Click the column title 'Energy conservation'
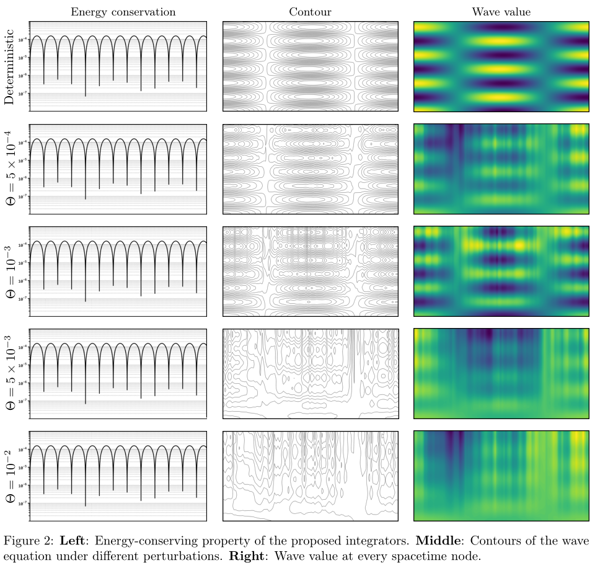pos(123,12)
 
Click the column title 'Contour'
pos(310,12)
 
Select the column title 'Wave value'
pos(501,12)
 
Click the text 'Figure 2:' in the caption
pos(28,541)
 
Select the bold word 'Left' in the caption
pos(74,541)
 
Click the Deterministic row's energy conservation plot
pos(118,66)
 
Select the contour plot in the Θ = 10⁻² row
pos(310,476)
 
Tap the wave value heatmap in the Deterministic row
pos(501,66)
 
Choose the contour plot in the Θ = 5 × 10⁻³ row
pos(310,373)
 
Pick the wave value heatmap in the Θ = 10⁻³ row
pos(501,271)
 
